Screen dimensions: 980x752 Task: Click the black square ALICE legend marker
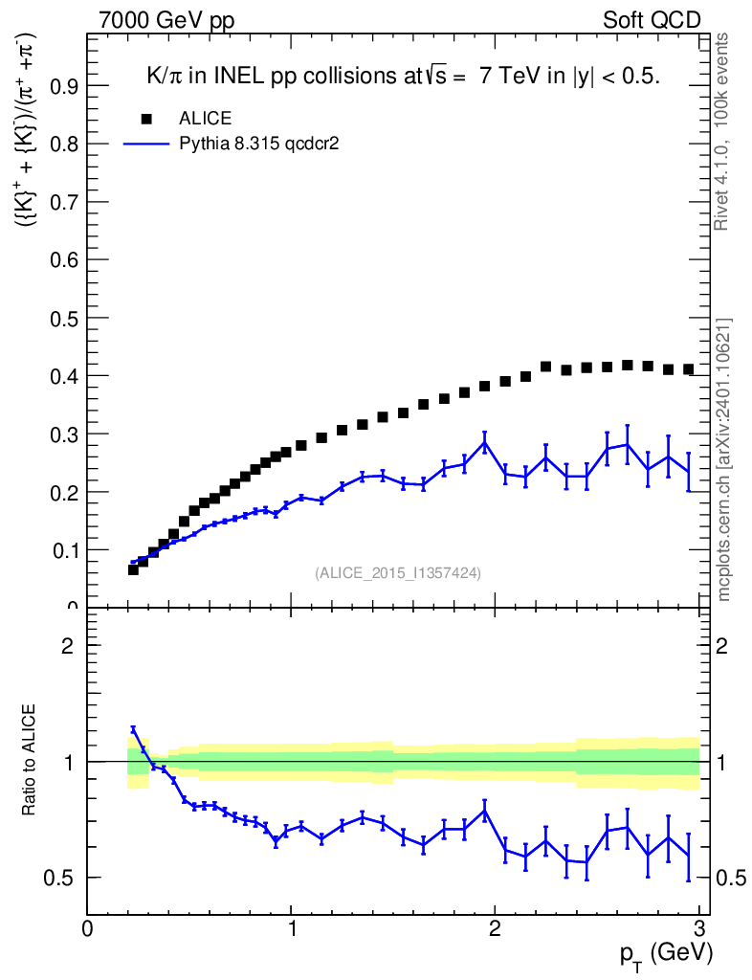146,119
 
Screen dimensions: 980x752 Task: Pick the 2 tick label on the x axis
496,928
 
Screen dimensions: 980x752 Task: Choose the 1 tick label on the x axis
292,928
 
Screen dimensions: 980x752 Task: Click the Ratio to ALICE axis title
29,761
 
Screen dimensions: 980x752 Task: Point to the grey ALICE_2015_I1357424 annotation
398,572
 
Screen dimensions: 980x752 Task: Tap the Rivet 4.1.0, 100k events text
723,130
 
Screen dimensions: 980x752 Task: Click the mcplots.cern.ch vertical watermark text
724,459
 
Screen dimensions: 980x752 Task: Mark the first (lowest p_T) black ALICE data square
133,569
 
